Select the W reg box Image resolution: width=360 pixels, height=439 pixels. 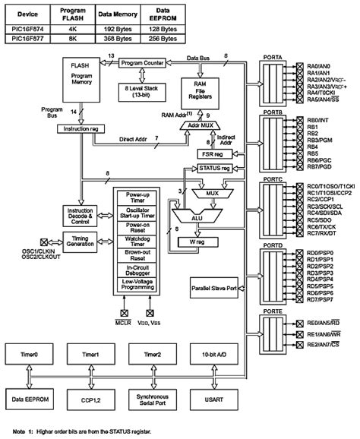[194, 242]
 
